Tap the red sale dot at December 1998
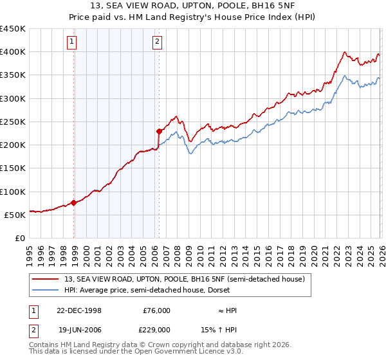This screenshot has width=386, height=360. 74,203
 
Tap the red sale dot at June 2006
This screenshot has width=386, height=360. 159,131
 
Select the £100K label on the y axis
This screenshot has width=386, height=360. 13,192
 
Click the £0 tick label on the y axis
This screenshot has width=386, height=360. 19,238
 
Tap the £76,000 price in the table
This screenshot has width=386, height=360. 157,310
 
